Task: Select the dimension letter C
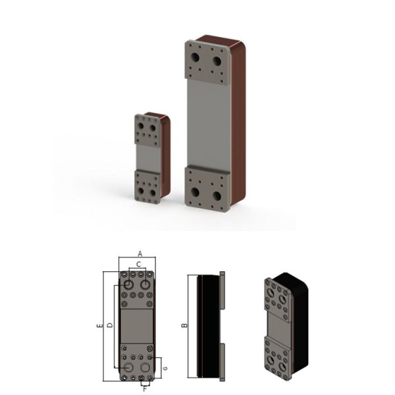[138, 263]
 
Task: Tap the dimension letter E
[99, 326]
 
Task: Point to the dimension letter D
[109, 325]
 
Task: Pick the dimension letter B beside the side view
[185, 325]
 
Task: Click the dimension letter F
[145, 388]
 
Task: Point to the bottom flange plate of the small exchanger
[147, 186]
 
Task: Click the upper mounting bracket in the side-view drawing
[222, 290]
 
